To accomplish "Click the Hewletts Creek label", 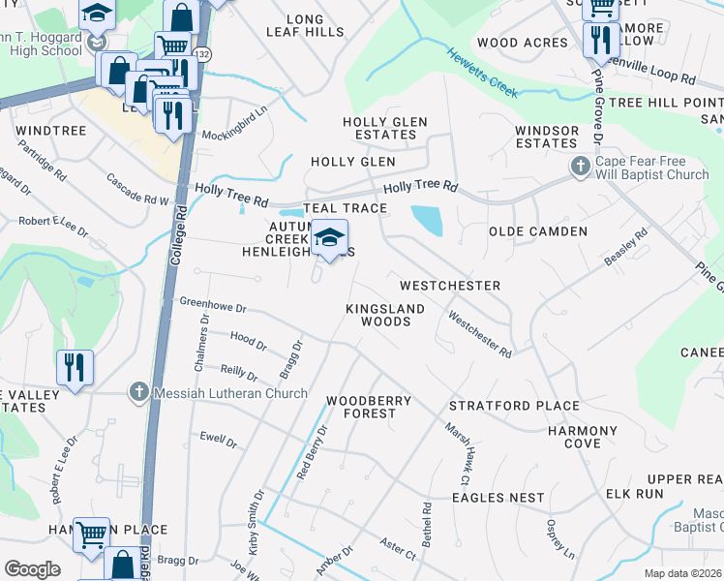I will click(x=482, y=73).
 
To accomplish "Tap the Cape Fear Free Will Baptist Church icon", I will click(x=580, y=167).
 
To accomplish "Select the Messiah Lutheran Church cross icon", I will click(x=138, y=392).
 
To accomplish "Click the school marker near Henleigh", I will click(x=329, y=238).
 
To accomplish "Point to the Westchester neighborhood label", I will click(x=450, y=286).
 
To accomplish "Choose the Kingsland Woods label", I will click(x=385, y=315).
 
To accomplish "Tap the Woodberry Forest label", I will click(x=369, y=407).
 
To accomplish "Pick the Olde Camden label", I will click(x=538, y=231).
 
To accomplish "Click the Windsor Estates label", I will click(x=547, y=137).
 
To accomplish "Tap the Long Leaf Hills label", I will click(x=305, y=25).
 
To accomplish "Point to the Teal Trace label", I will click(x=345, y=208).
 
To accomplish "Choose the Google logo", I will click(x=32, y=569).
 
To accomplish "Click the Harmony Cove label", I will click(x=582, y=437).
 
